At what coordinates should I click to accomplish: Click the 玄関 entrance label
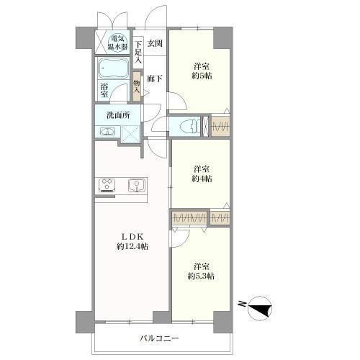coord(155,43)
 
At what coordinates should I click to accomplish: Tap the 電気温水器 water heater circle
coord(117,42)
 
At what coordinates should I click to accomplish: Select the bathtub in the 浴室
coord(112,68)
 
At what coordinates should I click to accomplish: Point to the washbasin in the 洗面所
coord(107,132)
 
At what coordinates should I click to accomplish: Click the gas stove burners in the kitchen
coord(107,185)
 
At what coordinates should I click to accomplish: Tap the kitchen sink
coord(137,185)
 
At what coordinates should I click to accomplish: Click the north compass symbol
coord(260,307)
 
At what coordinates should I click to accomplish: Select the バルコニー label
coord(159,338)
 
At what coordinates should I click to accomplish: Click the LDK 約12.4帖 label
coord(132,241)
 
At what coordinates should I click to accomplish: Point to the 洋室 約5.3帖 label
coord(201,271)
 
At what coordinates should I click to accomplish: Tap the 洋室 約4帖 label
coord(202,174)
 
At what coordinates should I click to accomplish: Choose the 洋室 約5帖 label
coord(202,71)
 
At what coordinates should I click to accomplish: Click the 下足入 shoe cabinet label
coord(138,52)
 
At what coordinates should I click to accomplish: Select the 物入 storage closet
coord(137,86)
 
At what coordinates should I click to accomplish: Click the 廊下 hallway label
coord(155,78)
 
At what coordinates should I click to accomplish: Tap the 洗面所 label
coord(118,115)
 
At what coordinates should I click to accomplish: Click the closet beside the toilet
coord(220,126)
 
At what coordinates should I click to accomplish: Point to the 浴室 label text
coord(104,90)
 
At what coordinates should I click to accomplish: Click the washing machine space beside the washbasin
coord(130,134)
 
